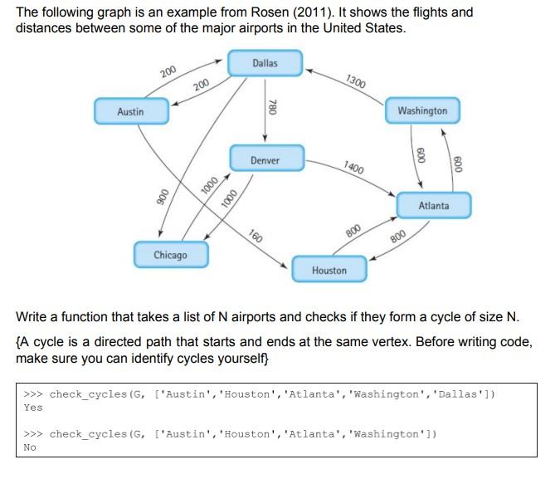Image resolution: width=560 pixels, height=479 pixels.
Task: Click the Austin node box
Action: point(131,111)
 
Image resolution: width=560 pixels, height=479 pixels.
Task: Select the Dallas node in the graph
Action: point(265,63)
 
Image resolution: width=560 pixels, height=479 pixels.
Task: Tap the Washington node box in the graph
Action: point(421,111)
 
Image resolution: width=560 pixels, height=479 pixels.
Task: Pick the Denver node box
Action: point(265,160)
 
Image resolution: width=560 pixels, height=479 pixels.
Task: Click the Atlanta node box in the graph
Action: point(433,205)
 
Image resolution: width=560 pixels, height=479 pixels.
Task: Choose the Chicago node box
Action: point(170,255)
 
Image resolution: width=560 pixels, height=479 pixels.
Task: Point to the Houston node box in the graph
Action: point(329,271)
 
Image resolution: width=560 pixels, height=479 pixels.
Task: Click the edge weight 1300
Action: point(355,81)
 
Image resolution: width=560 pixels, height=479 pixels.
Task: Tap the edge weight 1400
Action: point(353,166)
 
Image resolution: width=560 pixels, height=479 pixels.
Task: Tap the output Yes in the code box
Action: point(33,408)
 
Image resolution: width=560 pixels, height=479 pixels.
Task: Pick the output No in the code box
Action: point(30,447)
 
